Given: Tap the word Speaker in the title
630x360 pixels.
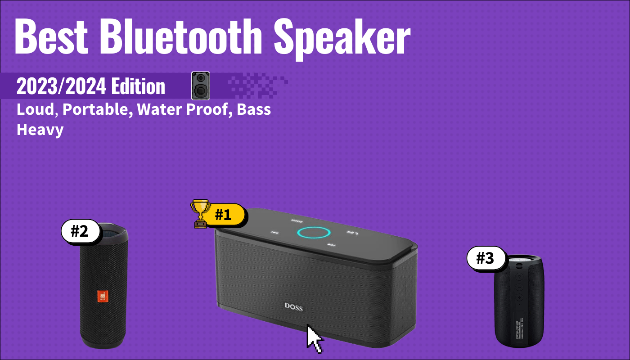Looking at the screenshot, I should coord(342,38).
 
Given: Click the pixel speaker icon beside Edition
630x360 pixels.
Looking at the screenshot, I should coord(201,85).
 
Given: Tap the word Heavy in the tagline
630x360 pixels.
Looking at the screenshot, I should coord(40,130).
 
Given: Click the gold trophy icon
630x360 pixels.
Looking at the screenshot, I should coord(200,214).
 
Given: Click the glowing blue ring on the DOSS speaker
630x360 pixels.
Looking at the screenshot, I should coord(314,233).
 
